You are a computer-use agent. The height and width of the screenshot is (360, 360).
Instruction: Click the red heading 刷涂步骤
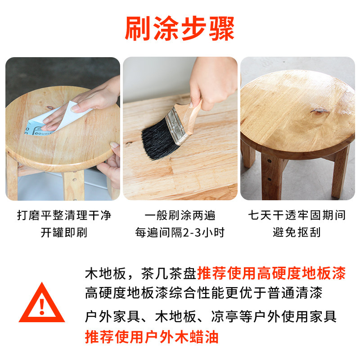coord(180,29)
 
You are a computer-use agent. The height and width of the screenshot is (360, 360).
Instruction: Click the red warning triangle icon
coord(42,304)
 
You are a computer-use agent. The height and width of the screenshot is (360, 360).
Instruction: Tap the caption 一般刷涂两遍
coord(180,215)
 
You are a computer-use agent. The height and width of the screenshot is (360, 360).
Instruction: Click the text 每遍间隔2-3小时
coord(180,233)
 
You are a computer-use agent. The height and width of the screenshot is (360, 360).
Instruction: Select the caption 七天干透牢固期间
coord(297,215)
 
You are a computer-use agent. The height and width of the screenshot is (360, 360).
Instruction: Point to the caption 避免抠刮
coord(297,233)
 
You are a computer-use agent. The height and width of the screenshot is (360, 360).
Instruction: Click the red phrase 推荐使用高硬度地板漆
coord(271,273)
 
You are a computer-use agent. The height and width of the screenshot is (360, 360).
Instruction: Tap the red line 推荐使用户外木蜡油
coord(152,337)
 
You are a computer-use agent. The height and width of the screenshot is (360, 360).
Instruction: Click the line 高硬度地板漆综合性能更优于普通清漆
coord(203,294)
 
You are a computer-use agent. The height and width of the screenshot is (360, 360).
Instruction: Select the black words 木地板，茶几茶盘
coord(140,273)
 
